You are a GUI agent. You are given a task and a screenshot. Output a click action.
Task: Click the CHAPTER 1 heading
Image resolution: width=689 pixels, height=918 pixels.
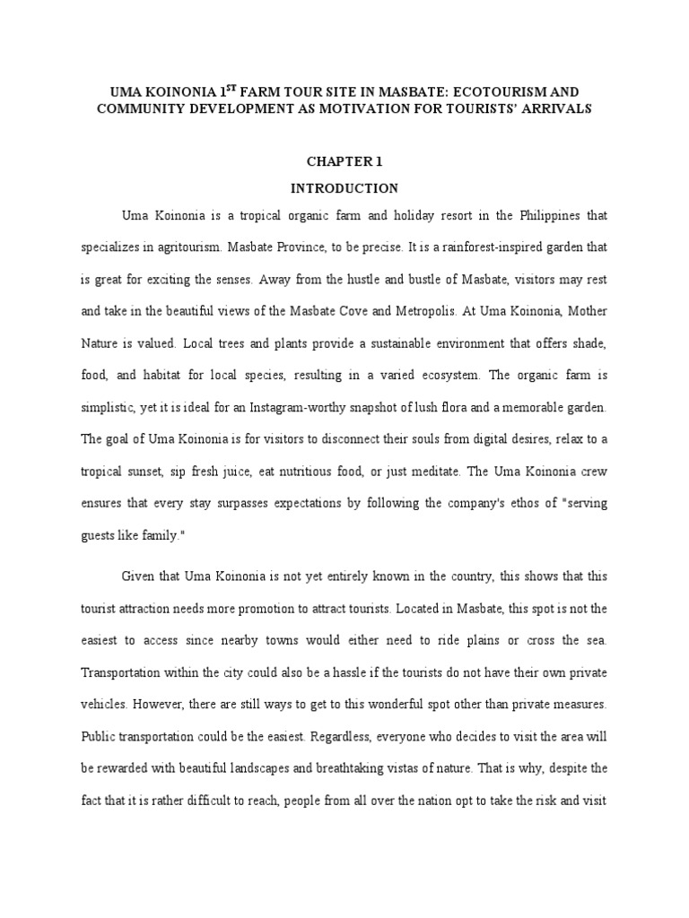coord(344,161)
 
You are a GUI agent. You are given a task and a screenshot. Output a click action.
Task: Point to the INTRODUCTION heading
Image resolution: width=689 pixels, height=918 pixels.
coord(344,188)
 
